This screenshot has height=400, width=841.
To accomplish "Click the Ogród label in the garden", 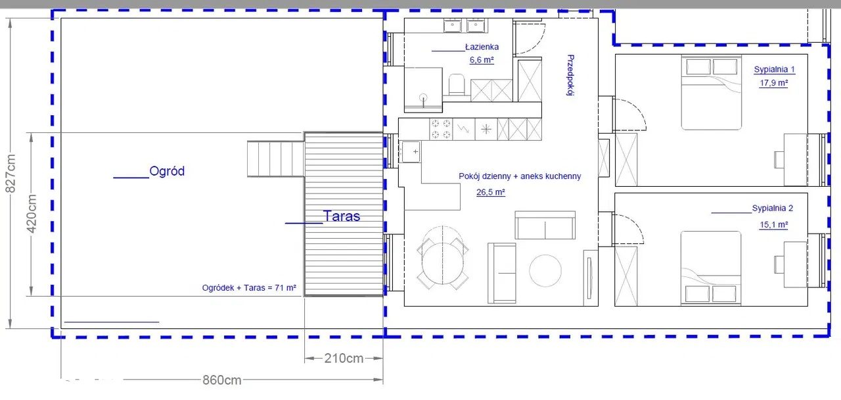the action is pos(167,171).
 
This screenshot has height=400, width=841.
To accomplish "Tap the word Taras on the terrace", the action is pos(341,216).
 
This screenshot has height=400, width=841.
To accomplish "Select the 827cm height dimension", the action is pos(11,173).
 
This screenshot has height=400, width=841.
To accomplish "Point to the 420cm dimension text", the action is pos(32,214).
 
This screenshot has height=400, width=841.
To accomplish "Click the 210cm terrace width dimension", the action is pos(344,359).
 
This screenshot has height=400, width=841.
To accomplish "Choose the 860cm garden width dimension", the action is pos(222,380).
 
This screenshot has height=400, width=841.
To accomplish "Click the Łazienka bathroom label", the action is pos(482,47).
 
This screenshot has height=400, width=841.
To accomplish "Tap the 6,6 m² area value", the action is pos(482,60).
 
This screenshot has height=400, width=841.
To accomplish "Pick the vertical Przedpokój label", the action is pos(570,75).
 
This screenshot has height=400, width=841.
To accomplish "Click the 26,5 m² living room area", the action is pos(490,192).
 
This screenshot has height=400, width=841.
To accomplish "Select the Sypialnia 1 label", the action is pos(774,70).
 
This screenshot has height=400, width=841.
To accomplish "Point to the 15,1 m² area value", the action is pos(773,225).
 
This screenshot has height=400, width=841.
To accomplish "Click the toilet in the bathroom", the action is pos(456,84).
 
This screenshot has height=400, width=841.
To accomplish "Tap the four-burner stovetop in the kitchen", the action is pos(441,130).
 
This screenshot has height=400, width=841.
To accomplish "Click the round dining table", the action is pos(443,262).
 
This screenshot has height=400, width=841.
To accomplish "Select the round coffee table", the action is pos(545,270).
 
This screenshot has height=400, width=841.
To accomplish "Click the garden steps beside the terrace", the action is pos(275,159).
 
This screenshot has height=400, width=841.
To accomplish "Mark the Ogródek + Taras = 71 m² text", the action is pos(249,288).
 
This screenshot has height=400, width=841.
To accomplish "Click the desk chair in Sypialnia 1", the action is pos(779,159).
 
